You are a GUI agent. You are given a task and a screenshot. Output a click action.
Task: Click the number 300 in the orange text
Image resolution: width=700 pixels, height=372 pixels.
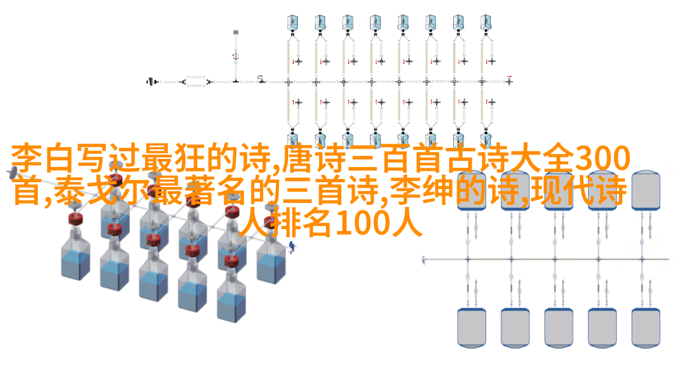tap(602, 160)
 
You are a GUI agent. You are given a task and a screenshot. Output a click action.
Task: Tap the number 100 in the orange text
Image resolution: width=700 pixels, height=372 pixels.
tap(363, 223)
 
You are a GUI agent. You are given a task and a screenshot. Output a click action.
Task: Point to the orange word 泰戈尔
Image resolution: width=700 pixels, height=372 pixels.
tap(102, 191)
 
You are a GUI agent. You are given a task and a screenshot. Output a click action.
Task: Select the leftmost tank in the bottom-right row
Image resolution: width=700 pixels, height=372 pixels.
tap(472, 327)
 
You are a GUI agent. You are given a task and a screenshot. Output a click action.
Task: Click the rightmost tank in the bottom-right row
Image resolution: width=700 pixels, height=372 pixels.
tap(646, 327)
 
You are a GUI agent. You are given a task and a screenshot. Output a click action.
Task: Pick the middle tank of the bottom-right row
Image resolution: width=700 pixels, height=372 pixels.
tap(558, 327)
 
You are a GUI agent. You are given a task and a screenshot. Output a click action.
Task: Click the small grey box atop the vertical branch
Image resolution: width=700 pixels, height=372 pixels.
tap(236, 32)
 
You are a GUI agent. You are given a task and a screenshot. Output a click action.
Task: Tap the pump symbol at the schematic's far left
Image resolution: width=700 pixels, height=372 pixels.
tap(153, 82)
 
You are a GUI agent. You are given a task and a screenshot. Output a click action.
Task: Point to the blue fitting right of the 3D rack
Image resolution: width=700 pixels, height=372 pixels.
tap(292, 246)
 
